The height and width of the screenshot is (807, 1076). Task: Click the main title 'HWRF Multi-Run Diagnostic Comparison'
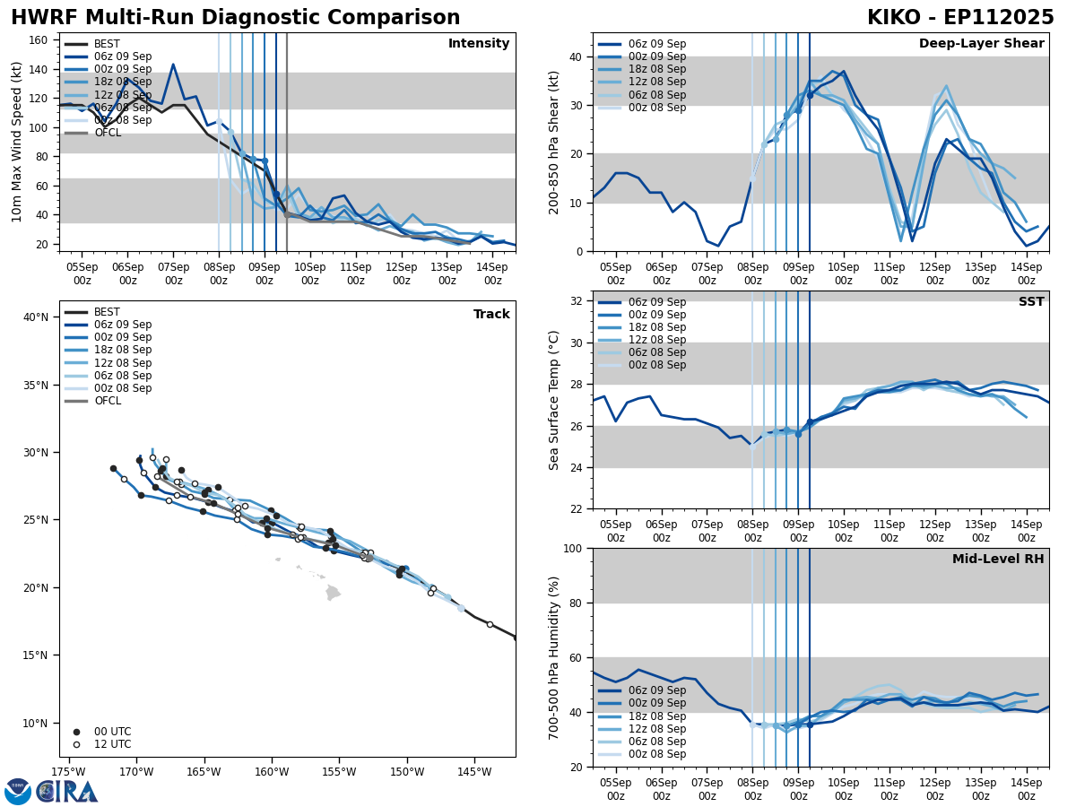coord(235,18)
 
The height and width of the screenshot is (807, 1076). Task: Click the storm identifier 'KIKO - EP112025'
coord(960,18)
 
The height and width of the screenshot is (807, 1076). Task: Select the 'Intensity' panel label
coord(479,44)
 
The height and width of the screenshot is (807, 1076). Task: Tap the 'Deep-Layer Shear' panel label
coord(981,44)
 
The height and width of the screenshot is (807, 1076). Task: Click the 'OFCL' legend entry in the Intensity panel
coord(107,133)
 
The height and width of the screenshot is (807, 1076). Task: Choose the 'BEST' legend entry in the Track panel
coord(107,313)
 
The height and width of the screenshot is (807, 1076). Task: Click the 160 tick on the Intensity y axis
coord(40,39)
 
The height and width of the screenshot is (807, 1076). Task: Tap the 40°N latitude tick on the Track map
coord(36,317)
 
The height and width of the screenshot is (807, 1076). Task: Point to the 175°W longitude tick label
coord(68,771)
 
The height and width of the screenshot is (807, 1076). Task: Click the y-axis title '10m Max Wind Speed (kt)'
coord(17,142)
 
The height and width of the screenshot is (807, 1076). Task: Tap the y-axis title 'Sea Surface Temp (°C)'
coord(554,400)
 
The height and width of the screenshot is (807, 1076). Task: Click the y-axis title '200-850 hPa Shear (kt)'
coord(554,142)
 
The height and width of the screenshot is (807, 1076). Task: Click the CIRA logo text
coord(68,792)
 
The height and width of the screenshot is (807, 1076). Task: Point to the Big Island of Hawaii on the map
coord(333,593)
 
